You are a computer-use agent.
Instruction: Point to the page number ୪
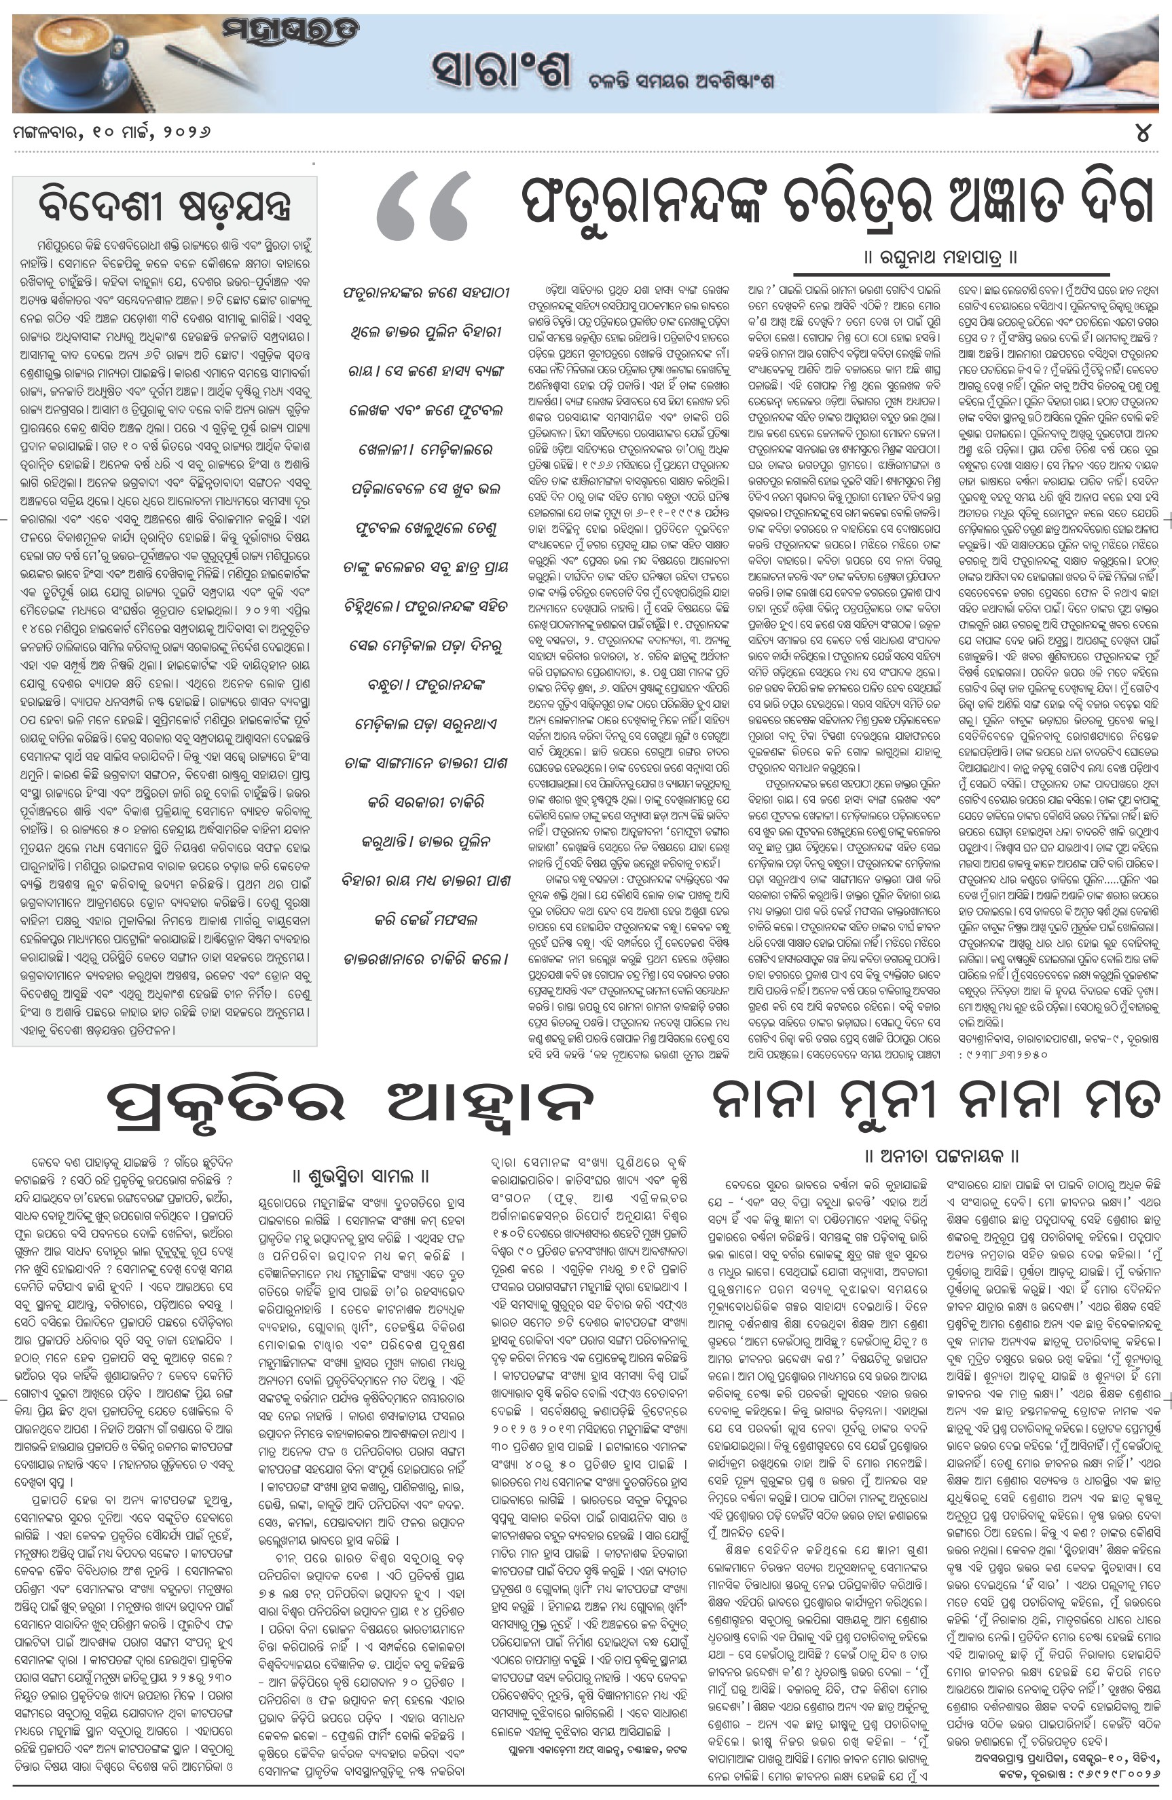(x=1143, y=133)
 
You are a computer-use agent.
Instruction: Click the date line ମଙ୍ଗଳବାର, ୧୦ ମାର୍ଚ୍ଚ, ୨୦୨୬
(x=111, y=133)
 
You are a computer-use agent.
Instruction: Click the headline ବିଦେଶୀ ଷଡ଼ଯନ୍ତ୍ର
(x=164, y=206)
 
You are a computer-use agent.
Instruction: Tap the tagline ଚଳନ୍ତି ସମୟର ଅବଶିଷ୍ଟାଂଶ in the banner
(x=681, y=81)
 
